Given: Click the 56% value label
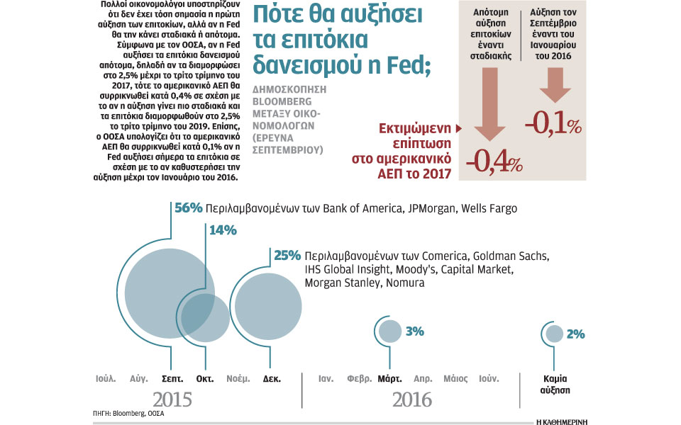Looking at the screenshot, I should tap(188, 208).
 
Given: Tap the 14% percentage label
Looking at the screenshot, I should tap(222, 230).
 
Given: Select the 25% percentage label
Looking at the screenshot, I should tap(287, 256).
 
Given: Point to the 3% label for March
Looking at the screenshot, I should tap(414, 331).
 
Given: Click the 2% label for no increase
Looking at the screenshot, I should tap(575, 334).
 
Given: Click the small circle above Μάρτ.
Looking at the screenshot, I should tap(389, 330).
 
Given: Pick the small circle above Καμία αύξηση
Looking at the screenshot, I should tap(555, 334).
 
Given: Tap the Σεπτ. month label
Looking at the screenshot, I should tap(173, 378).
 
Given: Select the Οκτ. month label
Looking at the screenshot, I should tap(205, 378).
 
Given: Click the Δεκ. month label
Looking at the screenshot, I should tap(272, 378).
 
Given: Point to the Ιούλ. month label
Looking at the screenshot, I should tap(106, 378).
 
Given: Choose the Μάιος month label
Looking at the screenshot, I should tap(455, 378).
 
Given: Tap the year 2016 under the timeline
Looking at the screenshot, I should tap(412, 399).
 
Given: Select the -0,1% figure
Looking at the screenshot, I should tap(553, 125).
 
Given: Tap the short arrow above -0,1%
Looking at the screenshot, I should tap(555, 90).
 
